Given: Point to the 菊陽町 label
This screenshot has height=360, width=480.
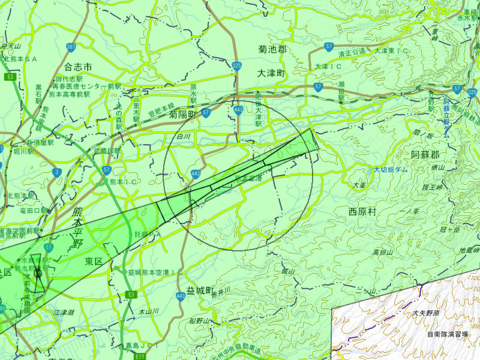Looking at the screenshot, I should [x=183, y=114].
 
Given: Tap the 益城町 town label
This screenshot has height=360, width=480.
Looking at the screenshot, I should [x=200, y=291].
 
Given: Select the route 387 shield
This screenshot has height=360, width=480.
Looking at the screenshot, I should [x=71, y=47].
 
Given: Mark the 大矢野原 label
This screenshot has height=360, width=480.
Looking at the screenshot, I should [x=426, y=313].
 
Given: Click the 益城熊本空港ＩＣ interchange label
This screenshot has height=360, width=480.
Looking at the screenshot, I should [x=155, y=272].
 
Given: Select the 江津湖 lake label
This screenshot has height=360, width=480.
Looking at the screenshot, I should [x=63, y=313].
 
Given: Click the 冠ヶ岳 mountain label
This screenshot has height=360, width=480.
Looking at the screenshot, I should [x=449, y=230].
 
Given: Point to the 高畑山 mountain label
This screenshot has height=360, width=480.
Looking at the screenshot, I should [x=382, y=252].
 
